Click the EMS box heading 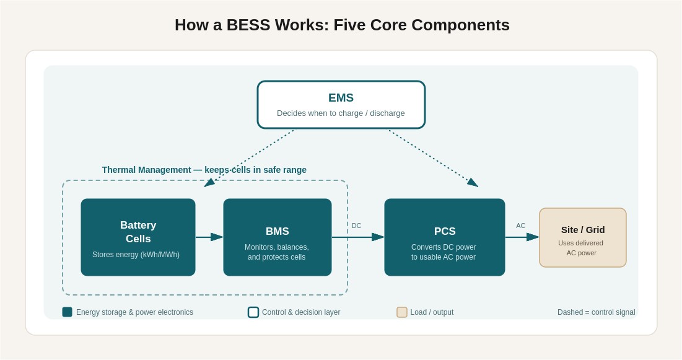[x=341, y=97]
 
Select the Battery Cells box [x=138, y=237]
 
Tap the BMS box [x=278, y=237]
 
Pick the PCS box [x=445, y=237]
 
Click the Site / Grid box [x=583, y=237]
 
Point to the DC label [x=357, y=226]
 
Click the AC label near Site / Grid [x=520, y=226]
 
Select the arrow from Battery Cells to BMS [x=209, y=237]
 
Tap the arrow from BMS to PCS [x=358, y=237]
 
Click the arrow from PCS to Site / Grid [x=522, y=237]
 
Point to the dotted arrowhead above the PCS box [x=473, y=182]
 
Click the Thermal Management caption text [x=204, y=170]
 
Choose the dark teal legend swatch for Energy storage [x=67, y=312]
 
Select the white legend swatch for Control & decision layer [x=253, y=312]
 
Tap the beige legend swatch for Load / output [x=402, y=312]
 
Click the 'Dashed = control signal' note [x=597, y=312]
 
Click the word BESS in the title [x=248, y=25]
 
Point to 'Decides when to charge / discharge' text [x=341, y=113]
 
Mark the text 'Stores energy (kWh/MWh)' [x=136, y=255]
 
